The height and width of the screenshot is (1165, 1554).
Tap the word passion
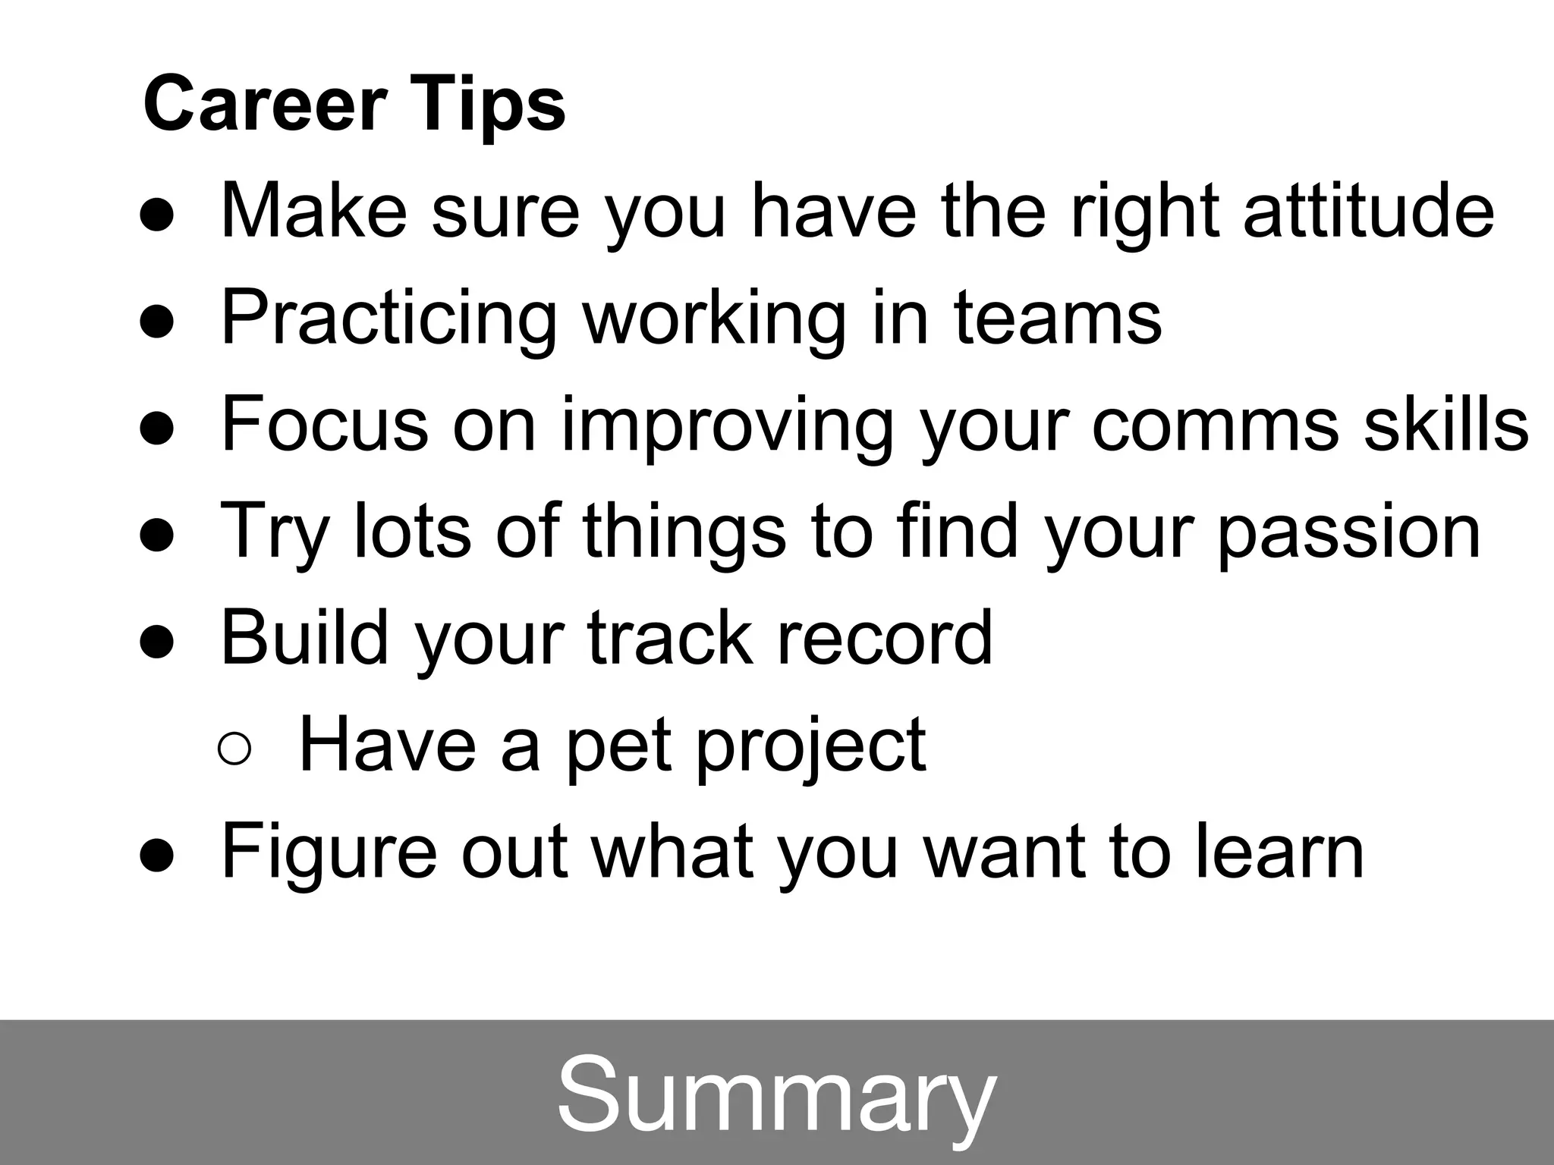tap(1348, 532)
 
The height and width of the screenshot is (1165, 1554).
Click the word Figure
tap(329, 853)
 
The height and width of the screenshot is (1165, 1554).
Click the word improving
tap(727, 426)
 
